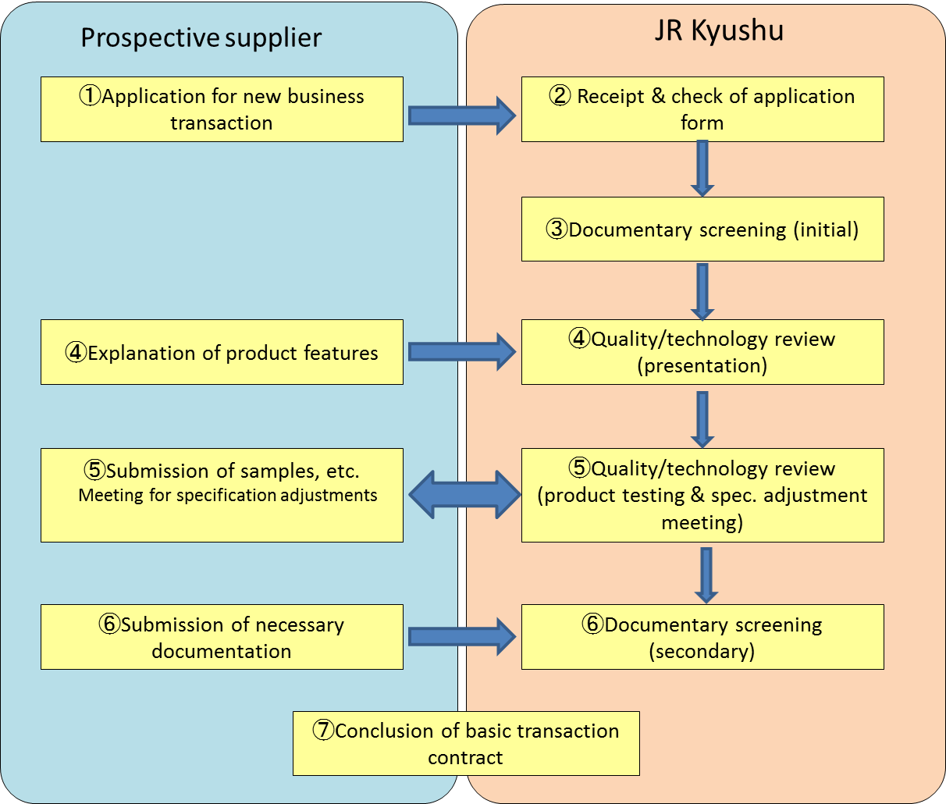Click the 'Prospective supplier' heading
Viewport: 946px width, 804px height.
201,38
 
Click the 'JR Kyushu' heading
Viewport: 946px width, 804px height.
719,30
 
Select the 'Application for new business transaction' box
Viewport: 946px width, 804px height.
222,109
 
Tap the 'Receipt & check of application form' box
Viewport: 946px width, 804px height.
702,109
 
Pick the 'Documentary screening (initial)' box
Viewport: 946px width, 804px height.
702,229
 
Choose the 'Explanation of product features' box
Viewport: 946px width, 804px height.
222,352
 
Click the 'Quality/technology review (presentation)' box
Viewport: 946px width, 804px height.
702,352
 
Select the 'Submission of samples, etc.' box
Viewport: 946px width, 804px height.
222,495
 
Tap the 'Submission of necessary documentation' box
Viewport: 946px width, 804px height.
222,637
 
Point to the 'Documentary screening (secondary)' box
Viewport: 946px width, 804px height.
702,637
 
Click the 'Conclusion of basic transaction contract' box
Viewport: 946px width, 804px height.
466,744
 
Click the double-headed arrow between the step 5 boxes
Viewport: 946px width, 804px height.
464,495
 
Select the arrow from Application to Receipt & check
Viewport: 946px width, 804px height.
462,116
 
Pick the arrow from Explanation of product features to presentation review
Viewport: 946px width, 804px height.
462,352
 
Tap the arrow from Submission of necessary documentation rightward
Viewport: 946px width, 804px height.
462,636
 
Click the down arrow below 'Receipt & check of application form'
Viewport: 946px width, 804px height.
702,169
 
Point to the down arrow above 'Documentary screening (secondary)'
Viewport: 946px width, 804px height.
706,575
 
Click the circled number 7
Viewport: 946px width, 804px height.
324,730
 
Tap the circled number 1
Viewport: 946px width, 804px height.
90,96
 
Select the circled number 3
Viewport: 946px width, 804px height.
557,229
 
